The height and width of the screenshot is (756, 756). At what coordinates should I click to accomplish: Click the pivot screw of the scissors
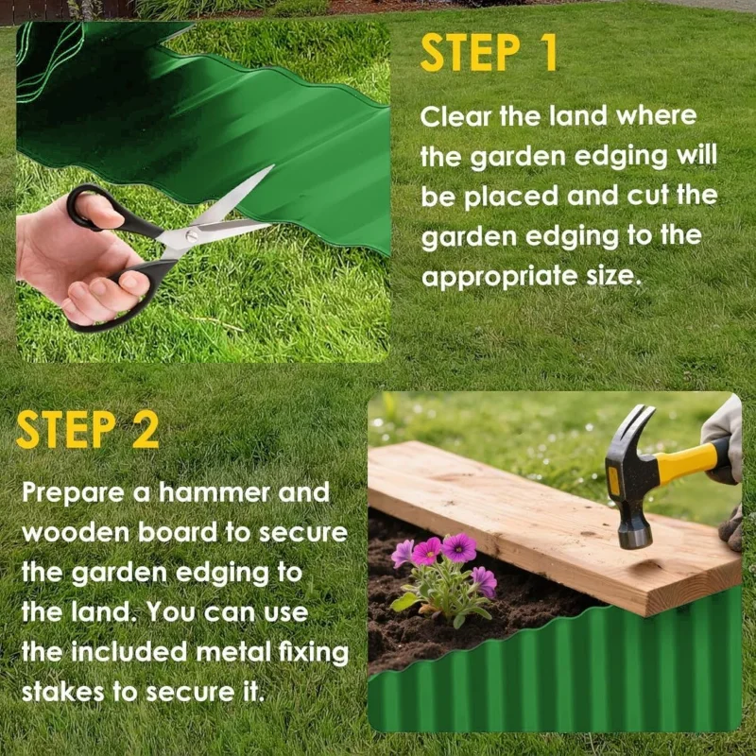click(x=192, y=235)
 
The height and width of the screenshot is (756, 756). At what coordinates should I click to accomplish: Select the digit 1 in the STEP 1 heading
click(x=548, y=53)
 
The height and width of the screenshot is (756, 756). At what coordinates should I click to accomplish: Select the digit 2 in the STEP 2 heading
click(x=145, y=430)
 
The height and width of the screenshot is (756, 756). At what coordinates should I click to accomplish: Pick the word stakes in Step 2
click(x=62, y=693)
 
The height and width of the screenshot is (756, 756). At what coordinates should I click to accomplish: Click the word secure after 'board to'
click(x=302, y=533)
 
